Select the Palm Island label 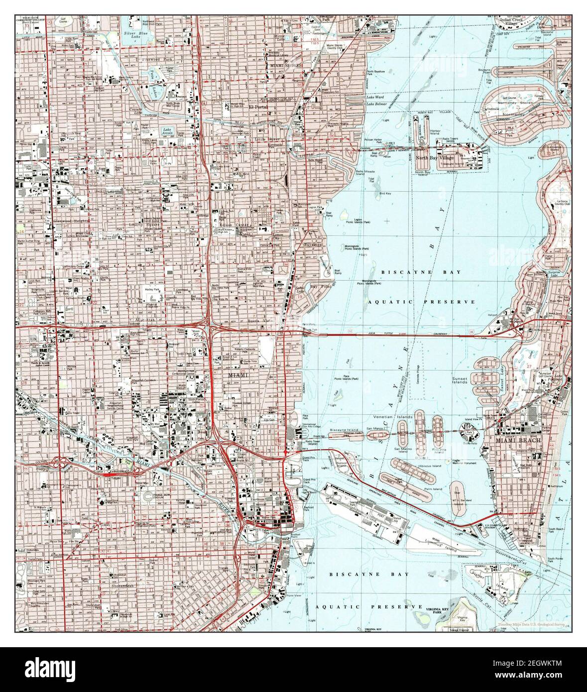coord(431,489)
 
